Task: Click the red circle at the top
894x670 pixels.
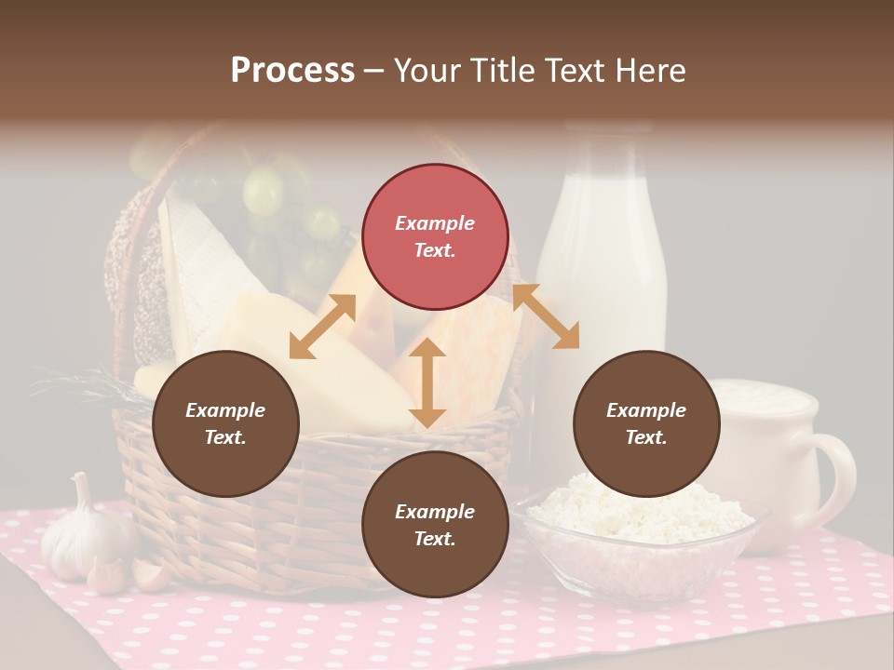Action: point(435,236)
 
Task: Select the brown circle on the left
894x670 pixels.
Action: point(225,423)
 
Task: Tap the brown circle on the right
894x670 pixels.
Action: point(646,423)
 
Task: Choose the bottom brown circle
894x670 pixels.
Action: point(435,525)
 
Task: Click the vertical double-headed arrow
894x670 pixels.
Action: point(427,383)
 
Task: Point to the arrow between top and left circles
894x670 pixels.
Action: point(322,327)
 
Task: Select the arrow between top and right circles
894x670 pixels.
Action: point(546,316)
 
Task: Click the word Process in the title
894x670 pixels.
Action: point(292,71)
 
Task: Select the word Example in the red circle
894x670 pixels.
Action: point(435,223)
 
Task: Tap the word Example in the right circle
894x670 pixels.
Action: point(646,410)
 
